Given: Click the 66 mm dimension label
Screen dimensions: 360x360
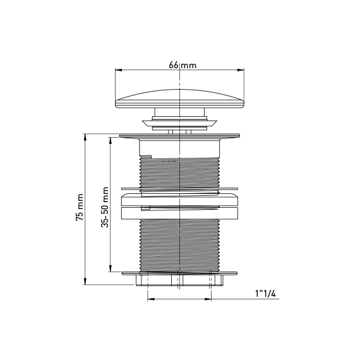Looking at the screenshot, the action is pyautogui.click(x=183, y=65).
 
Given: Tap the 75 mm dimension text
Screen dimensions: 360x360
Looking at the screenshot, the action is pyautogui.click(x=80, y=207).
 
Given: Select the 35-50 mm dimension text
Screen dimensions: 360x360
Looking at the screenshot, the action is pyautogui.click(x=105, y=207).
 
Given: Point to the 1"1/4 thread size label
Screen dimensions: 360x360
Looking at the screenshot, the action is pyautogui.click(x=265, y=294).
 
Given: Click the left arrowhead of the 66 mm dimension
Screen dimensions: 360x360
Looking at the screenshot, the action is pyautogui.click(x=118, y=70).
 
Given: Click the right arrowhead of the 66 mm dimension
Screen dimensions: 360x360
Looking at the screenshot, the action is pyautogui.click(x=241, y=70).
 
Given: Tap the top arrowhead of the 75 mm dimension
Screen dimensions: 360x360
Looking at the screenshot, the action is pyautogui.click(x=85, y=137).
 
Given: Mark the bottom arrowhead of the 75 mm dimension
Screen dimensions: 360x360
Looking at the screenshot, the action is pyautogui.click(x=85, y=282).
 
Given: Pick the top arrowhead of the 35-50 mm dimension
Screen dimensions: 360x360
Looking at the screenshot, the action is pyautogui.click(x=111, y=141).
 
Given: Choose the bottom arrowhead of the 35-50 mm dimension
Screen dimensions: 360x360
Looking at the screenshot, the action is pyautogui.click(x=111, y=268).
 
